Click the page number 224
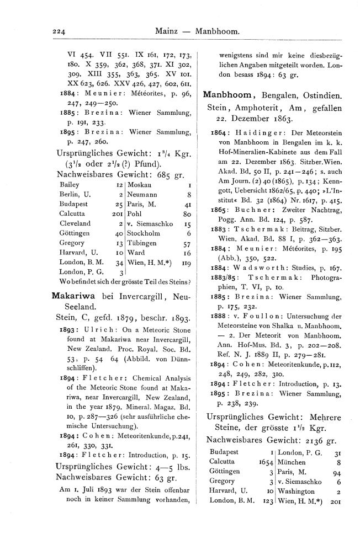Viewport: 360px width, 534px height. coord(59,32)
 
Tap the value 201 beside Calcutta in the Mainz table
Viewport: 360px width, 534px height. coord(117,213)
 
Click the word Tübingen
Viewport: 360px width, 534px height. coord(144,243)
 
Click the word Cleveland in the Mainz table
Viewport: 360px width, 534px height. coord(75,223)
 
